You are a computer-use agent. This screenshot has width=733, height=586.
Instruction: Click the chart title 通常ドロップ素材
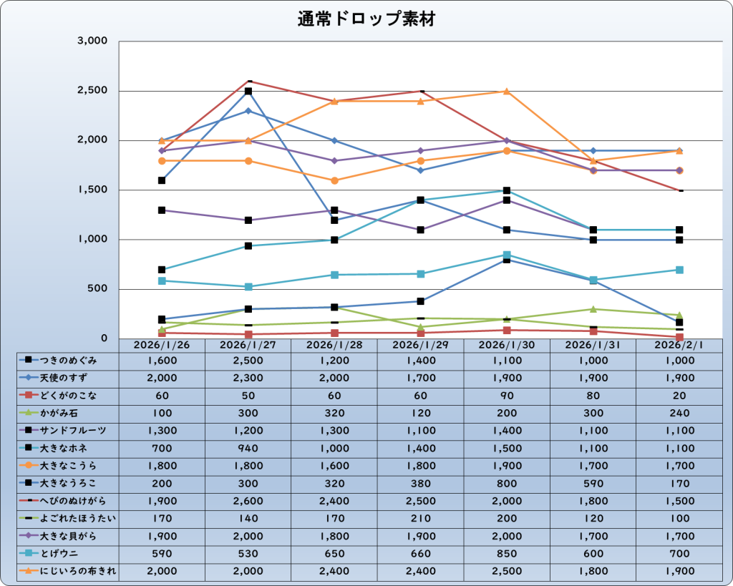click(366, 19)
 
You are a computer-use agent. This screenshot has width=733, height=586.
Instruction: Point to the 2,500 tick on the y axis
click(92, 91)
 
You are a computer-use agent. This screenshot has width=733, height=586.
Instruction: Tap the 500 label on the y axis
click(98, 289)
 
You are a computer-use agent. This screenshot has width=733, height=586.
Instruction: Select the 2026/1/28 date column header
click(334, 345)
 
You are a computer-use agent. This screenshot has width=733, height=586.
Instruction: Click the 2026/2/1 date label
click(679, 345)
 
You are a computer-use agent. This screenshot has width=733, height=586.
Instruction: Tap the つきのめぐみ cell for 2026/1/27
click(248, 361)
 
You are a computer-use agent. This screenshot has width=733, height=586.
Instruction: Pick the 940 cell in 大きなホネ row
click(248, 449)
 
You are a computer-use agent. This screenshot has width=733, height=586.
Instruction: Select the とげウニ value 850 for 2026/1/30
click(507, 554)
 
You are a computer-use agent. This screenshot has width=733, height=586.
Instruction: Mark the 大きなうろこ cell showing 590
click(593, 484)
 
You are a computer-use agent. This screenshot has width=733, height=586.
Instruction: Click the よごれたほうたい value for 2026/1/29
click(420, 519)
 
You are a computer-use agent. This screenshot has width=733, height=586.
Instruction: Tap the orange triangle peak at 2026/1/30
click(507, 92)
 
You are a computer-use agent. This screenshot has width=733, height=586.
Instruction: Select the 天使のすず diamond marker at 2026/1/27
click(248, 111)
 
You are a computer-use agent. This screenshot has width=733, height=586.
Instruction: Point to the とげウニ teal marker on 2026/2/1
click(679, 270)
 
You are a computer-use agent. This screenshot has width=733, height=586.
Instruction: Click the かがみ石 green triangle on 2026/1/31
click(593, 309)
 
